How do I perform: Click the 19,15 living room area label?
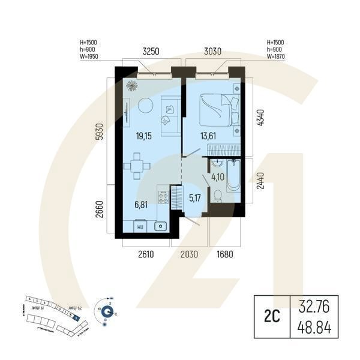pos(143,136)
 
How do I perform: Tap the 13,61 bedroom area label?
pos(209,136)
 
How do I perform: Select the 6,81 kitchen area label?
pos(142,205)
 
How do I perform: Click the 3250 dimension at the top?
pos(150,52)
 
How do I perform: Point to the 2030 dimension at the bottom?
pos(189,254)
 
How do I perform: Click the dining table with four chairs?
pos(138,167)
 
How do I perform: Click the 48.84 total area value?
pos(314,328)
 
